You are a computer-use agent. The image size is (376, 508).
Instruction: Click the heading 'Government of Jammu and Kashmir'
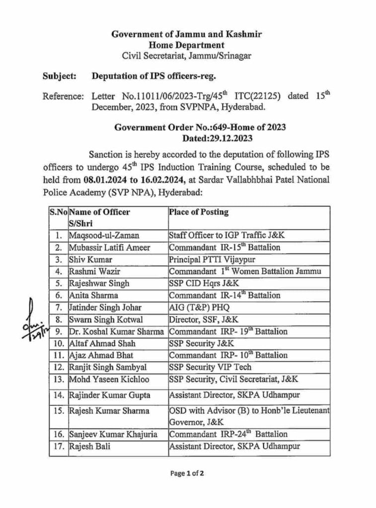coord(186,34)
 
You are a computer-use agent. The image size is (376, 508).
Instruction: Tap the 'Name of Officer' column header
coord(100,212)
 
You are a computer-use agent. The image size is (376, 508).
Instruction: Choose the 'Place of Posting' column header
coord(199,212)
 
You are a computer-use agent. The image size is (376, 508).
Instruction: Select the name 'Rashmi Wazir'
coord(92,271)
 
